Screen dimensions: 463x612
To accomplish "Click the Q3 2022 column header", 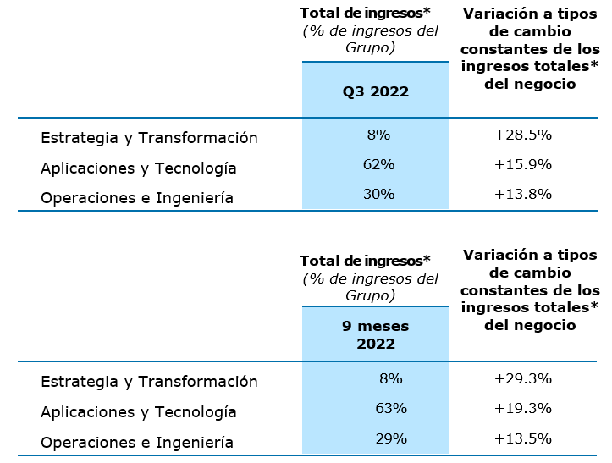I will coord(375,91).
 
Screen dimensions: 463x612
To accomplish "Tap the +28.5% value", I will coord(523,135).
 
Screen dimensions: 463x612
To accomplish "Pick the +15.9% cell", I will coord(523,164).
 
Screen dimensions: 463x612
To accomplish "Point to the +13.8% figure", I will coord(523,194).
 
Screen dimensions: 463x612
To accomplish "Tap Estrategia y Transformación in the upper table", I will coord(149,138).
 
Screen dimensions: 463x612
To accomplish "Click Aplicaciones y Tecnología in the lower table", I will coord(139,412).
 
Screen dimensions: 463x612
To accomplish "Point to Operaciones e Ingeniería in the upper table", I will coord(137,198).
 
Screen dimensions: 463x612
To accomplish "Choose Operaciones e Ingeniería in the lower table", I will coord(137,442).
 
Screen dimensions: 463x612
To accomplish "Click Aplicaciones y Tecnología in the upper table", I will coord(139,168).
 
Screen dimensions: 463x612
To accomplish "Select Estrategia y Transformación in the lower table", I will coord(149,382).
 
